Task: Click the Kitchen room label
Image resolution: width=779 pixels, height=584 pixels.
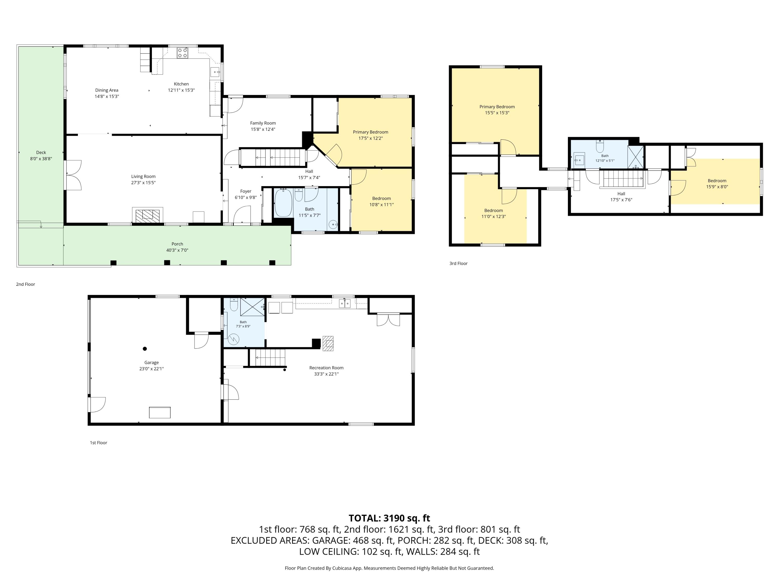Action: pos(181,84)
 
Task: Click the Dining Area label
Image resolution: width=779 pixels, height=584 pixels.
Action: pos(107,90)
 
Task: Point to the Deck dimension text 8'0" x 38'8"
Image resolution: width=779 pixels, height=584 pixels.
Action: pos(41,159)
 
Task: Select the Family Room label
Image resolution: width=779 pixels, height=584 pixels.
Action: pos(263,123)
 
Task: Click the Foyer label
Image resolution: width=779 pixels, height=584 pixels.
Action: pos(246,191)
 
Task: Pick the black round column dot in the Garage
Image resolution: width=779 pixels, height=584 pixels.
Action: pos(145,349)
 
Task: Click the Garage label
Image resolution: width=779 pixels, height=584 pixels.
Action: pos(151,363)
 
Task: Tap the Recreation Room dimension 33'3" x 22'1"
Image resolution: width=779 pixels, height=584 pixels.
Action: pos(326,374)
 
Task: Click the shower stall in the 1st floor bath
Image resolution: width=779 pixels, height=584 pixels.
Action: pos(252,307)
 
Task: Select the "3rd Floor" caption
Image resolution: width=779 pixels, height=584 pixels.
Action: pos(459,263)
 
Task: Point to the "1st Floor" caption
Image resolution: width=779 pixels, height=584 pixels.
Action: pos(99,443)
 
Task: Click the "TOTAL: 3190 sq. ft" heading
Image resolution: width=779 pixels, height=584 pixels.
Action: pos(389,518)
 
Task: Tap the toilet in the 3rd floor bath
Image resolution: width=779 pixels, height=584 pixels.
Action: pos(600,146)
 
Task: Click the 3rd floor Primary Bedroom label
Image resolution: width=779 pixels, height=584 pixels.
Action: pos(497,107)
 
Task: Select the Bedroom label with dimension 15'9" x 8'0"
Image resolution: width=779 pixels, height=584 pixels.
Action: pos(717,181)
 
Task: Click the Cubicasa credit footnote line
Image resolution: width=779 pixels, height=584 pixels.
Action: pos(389,568)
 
